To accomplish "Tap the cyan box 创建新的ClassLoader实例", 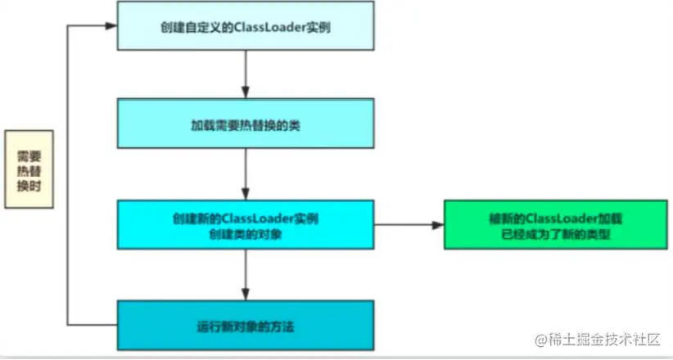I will pyautogui.click(x=246, y=226).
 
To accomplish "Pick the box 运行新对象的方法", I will pyautogui.click(x=246, y=327).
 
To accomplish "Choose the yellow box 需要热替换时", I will pyautogui.click(x=29, y=169).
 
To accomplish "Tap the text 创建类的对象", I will pyautogui.click(x=245, y=235).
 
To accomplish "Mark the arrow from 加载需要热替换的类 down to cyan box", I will pyautogui.click(x=246, y=178).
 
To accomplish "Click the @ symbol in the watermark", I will pyautogui.click(x=540, y=338).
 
